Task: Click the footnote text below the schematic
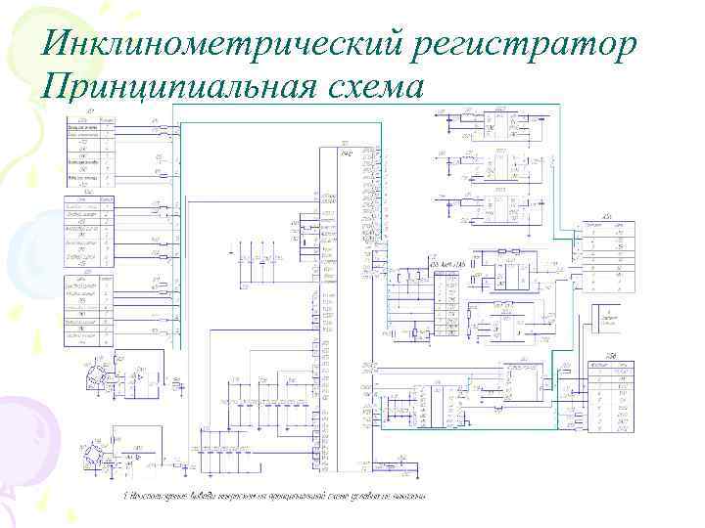[274, 496]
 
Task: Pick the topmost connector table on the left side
[90, 152]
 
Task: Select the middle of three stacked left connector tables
[90, 232]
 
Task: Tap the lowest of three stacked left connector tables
[90, 310]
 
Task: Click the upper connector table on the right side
[605, 253]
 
